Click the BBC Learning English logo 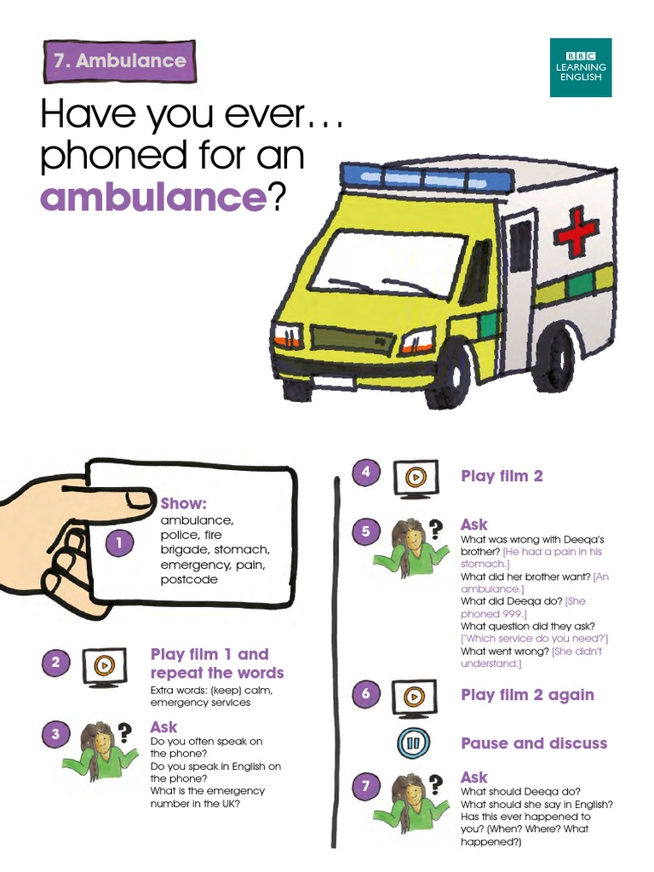pos(580,66)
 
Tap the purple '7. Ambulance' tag pos(119,61)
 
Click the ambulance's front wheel pos(449,372)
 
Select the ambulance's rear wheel pos(554,358)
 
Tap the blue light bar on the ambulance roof pos(427,177)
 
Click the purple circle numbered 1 pos(120,542)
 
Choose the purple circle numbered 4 pos(365,472)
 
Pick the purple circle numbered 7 pos(365,787)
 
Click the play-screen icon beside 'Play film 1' pos(103,665)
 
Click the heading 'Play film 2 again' pos(527,695)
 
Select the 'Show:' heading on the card pos(184,503)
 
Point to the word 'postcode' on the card pos(189,580)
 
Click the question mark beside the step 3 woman pos(125,731)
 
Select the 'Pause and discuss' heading pos(534,743)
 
